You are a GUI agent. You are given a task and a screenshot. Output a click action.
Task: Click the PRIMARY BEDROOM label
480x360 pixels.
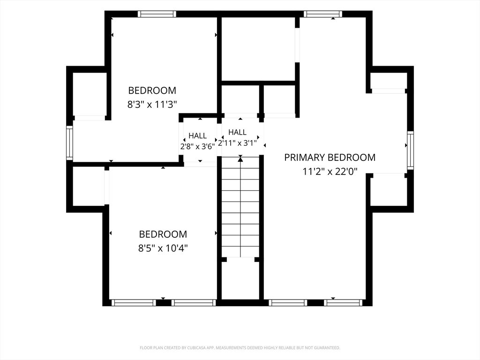(330, 157)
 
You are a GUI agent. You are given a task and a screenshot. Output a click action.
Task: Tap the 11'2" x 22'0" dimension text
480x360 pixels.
(330, 172)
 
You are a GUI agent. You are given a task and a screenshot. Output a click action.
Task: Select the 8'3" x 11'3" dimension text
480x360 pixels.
(152, 105)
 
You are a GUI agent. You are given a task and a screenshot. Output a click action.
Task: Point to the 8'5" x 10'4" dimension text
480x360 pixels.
(163, 248)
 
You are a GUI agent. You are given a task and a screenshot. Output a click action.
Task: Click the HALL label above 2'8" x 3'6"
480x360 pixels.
(197, 135)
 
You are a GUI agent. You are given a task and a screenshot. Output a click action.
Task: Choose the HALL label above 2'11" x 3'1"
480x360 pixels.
(237, 132)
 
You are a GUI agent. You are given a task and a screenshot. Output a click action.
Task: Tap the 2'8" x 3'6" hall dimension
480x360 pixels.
(197, 146)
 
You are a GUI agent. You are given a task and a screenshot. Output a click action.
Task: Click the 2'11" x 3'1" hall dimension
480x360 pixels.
(237, 143)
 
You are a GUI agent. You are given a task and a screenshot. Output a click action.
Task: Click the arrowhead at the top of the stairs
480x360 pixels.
(240, 159)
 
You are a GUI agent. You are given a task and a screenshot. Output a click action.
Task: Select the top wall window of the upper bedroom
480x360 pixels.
(157, 14)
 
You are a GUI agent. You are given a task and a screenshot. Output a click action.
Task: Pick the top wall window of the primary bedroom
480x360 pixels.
(323, 14)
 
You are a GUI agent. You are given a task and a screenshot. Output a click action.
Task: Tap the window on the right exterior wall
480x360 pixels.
(410, 150)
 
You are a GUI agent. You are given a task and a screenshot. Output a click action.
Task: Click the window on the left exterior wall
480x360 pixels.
(70, 143)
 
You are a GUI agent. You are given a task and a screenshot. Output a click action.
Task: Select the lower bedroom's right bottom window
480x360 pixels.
(194, 303)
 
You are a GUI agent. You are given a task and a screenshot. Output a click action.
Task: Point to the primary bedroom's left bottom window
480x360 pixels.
(288, 303)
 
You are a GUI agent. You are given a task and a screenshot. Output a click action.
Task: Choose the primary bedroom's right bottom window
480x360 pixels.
(343, 303)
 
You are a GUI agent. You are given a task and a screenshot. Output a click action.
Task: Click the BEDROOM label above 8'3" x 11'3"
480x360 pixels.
(152, 90)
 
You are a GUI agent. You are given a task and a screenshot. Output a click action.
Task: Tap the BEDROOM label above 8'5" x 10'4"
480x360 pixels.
(163, 234)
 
